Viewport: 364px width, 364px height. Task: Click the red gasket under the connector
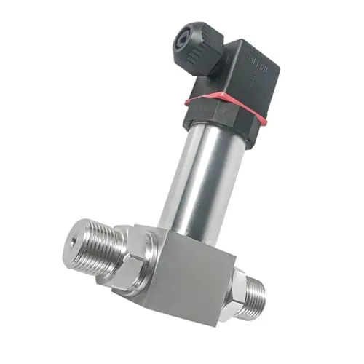[x=218, y=109]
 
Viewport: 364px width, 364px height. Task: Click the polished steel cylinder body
[x=200, y=178]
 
